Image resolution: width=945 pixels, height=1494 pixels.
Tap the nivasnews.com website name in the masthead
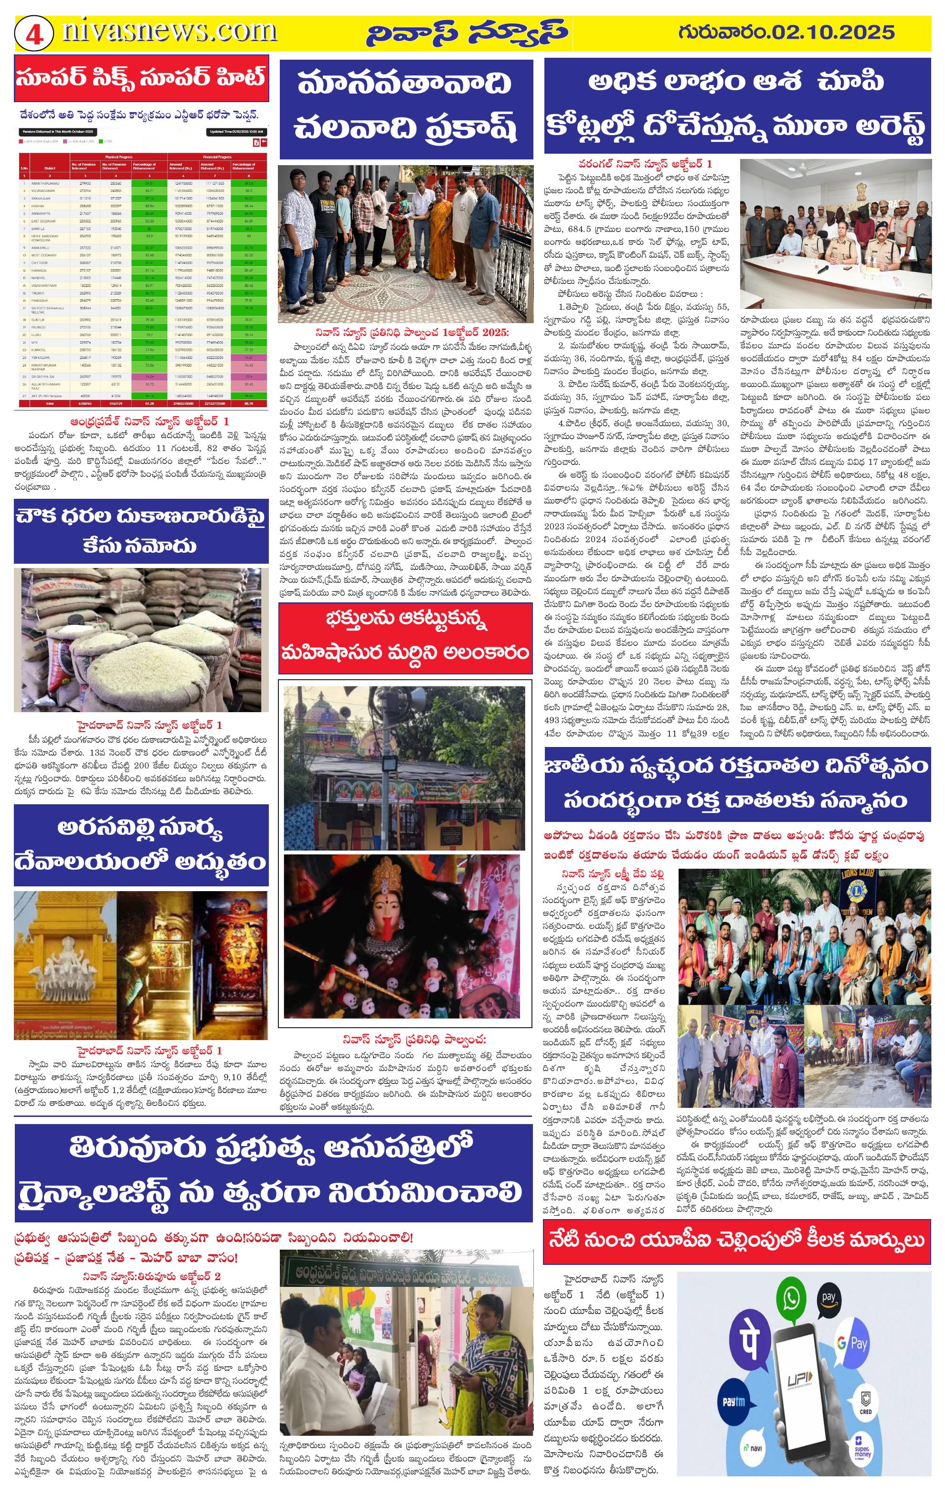pos(169,31)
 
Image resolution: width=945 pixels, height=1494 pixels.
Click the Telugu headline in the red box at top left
pos(141,79)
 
